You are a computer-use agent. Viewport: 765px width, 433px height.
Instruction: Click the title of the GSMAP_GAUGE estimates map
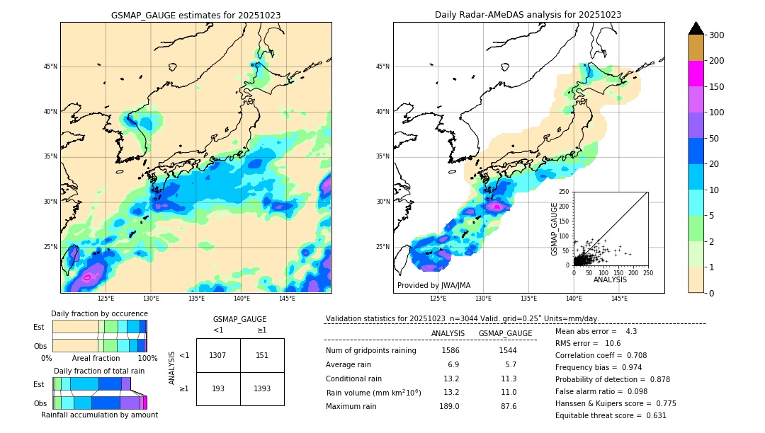[x=195, y=15]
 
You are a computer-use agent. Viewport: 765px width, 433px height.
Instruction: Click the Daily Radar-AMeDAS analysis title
[x=528, y=15]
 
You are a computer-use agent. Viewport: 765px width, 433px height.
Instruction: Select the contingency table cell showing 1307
[x=218, y=355]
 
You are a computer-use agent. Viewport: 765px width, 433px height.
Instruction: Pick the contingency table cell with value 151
[x=262, y=355]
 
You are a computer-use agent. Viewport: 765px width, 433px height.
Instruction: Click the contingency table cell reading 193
[x=218, y=388]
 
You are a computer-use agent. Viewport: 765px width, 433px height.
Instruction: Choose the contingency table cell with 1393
[x=262, y=388]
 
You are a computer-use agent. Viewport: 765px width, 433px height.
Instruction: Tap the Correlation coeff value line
[x=601, y=355]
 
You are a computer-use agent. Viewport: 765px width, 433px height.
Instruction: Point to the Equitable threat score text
[x=611, y=415]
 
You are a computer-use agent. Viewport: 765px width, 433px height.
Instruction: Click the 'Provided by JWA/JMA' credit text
[x=433, y=285]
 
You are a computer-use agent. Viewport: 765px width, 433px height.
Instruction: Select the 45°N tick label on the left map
[x=50, y=67]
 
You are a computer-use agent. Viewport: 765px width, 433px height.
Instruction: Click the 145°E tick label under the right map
[x=619, y=299]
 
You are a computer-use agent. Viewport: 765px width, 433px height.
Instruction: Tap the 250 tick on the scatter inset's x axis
[x=648, y=272]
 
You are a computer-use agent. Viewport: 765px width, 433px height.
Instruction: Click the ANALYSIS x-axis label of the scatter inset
[x=611, y=279]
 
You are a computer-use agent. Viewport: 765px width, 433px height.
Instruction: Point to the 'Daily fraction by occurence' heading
[x=99, y=313]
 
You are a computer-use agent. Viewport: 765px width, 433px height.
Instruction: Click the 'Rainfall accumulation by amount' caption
[x=99, y=415]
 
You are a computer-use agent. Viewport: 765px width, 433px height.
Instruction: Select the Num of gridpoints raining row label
[x=370, y=350]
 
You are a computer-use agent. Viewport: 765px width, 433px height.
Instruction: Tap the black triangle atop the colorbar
[x=696, y=28]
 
